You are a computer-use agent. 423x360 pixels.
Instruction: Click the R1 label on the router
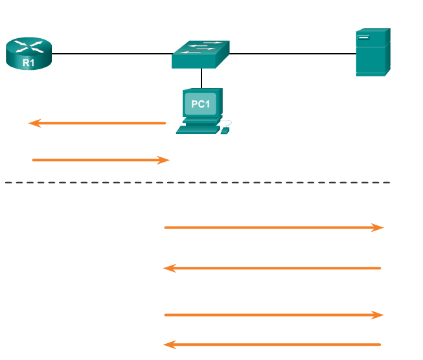coord(29,63)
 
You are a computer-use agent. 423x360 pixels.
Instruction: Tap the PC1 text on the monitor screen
coord(201,104)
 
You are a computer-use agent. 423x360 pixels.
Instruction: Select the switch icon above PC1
coord(201,54)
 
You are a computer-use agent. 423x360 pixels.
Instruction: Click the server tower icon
coord(372,52)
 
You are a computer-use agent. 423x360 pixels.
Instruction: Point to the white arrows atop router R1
coord(29,46)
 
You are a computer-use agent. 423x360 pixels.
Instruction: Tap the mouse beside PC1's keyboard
coord(225,131)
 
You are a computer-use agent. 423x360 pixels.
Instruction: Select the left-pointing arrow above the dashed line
coord(97,123)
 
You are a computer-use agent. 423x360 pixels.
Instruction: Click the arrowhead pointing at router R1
coord(34,123)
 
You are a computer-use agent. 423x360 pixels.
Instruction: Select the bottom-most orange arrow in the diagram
coord(272,344)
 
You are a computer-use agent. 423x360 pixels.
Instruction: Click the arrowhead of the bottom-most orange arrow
coord(169,344)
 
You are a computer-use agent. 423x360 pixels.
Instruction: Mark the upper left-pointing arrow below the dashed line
coord(272,268)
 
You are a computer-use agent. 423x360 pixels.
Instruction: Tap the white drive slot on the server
coord(363,37)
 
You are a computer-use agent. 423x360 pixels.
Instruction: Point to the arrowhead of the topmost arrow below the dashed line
coord(378,227)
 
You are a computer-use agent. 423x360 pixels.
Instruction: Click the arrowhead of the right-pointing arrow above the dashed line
coord(164,160)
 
